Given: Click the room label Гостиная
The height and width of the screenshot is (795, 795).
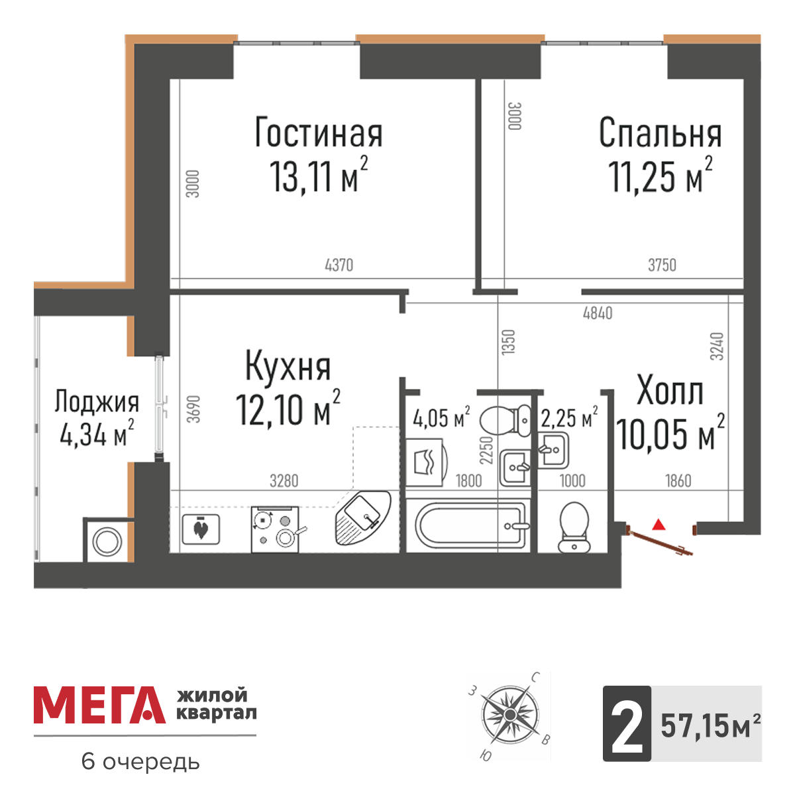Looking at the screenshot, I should point(319,133).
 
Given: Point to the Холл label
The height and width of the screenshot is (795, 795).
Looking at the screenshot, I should point(669,392).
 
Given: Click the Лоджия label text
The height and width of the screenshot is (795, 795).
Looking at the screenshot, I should point(97,401).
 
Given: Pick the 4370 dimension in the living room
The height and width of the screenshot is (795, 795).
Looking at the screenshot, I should point(339,266).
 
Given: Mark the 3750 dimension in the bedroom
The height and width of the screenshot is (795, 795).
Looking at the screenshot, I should point(662,266).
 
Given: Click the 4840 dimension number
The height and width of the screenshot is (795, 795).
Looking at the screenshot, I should point(598,313).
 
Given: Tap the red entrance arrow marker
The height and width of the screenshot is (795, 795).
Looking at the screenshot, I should point(658,525).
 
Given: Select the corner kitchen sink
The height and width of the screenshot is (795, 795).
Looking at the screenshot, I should point(362,517).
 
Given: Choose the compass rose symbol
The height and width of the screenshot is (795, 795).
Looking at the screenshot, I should point(509,715).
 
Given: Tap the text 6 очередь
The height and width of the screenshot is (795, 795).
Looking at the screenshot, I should point(140,762).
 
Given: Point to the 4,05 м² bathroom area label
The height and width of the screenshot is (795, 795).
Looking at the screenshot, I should point(441,419).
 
